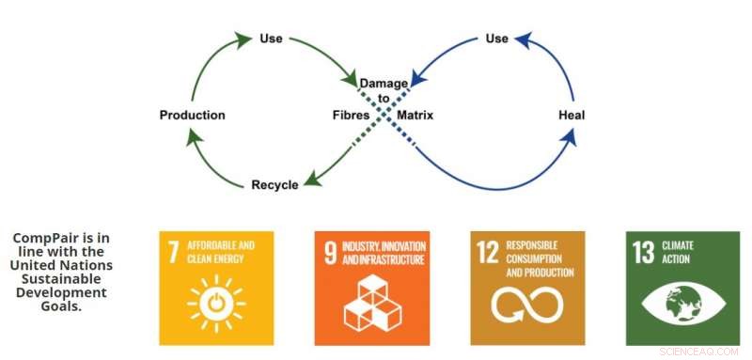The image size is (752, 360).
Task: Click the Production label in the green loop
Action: click(x=193, y=116)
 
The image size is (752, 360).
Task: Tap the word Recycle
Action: click(x=274, y=185)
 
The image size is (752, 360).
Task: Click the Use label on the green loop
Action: click(x=271, y=39)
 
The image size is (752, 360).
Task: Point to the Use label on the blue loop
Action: click(x=496, y=39)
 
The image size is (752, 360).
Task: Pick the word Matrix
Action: click(x=414, y=116)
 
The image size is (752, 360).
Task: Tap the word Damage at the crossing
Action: click(x=383, y=85)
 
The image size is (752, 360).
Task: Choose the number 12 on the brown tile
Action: click(x=487, y=252)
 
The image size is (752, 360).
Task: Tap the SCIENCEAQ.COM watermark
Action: click(x=701, y=350)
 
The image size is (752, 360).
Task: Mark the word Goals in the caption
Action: click(x=60, y=306)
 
